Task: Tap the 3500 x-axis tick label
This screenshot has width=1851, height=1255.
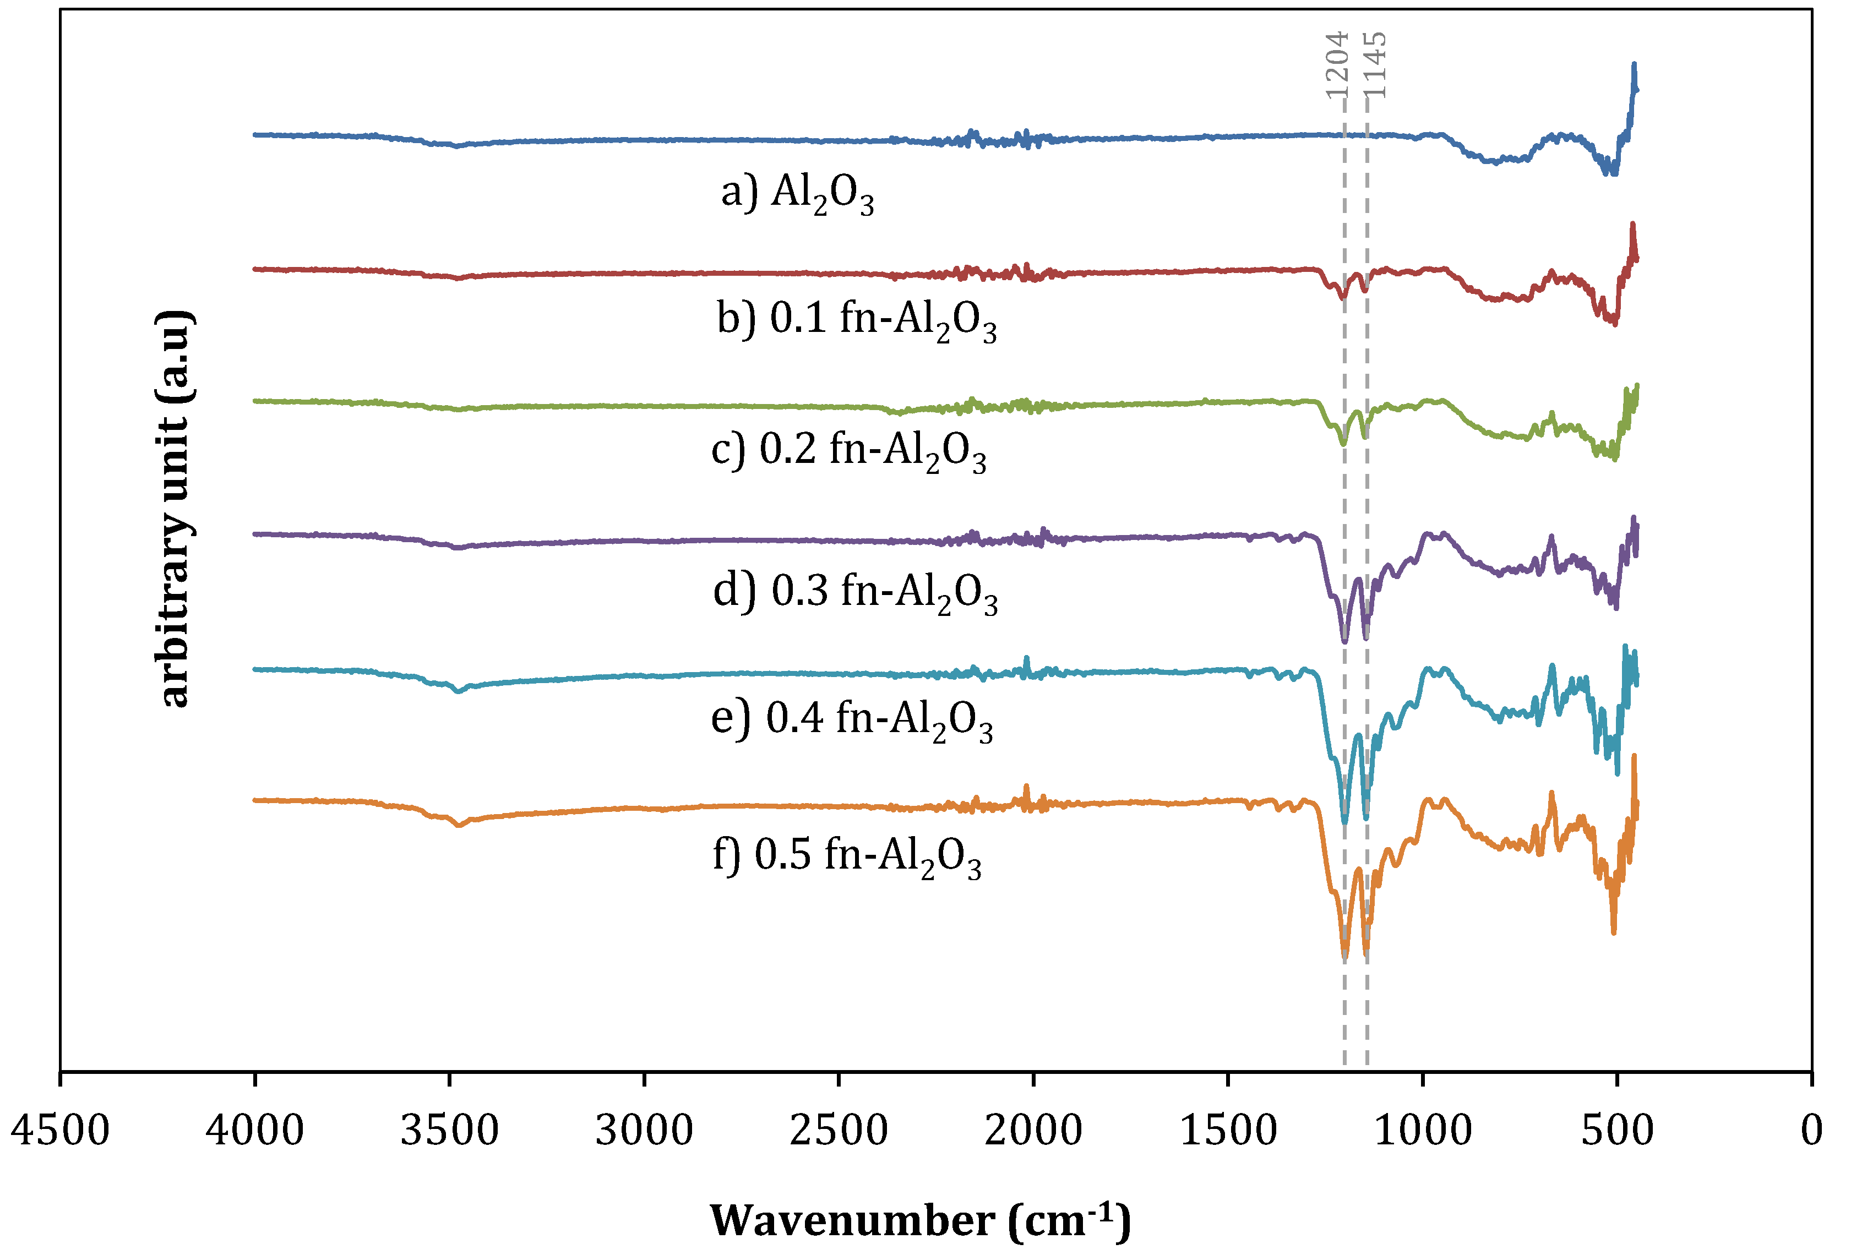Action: (x=449, y=1131)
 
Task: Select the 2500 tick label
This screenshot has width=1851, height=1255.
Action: (x=839, y=1131)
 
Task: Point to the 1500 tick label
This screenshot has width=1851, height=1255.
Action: (x=1228, y=1131)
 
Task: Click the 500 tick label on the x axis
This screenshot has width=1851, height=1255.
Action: (x=1617, y=1131)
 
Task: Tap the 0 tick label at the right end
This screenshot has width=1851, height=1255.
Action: (x=1812, y=1131)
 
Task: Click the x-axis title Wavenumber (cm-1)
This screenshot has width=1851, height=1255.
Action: (x=920, y=1221)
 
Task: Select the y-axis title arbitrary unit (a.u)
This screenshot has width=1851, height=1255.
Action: (x=173, y=508)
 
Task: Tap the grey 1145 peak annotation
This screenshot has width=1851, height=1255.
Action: (x=1375, y=64)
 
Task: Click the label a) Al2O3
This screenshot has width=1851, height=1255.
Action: (x=797, y=194)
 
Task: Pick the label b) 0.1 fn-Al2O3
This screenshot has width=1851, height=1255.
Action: (x=856, y=320)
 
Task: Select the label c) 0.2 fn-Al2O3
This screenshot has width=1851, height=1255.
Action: (x=848, y=451)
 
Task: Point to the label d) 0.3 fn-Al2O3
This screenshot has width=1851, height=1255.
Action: (x=856, y=593)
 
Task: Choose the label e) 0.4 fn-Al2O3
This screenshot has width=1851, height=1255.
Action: (x=851, y=721)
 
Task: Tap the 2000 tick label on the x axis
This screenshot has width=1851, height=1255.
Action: (x=1033, y=1131)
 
